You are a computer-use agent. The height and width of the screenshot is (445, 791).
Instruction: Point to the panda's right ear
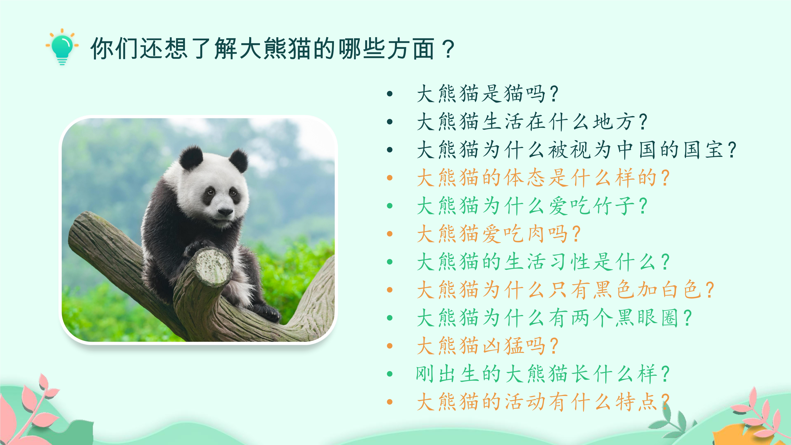pyautogui.click(x=238, y=160)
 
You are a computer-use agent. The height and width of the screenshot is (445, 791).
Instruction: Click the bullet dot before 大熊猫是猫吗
pyautogui.click(x=390, y=94)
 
